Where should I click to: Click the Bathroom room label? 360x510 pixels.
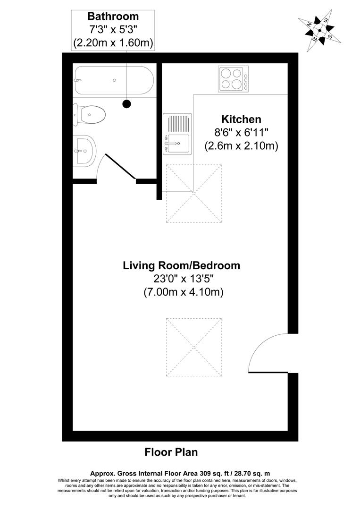point(113,17)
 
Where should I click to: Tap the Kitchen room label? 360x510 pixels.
point(242,119)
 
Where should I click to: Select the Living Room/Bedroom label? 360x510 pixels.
point(181,265)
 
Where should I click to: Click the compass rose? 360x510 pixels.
point(319,30)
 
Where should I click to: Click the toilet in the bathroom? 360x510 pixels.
point(90,114)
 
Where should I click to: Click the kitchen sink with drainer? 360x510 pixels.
point(177,134)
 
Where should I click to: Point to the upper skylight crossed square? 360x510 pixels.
point(193,193)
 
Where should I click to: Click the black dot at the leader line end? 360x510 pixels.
point(126,103)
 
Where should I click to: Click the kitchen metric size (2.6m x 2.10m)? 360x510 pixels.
point(241,146)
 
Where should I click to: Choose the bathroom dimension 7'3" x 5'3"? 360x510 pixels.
point(113,30)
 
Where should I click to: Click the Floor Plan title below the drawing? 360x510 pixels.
point(171,452)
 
